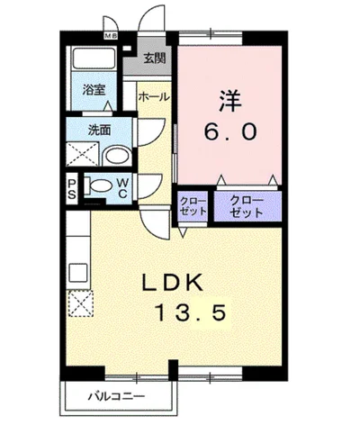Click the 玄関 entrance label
click(155, 59)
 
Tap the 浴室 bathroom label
click(94, 89)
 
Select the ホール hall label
click(154, 97)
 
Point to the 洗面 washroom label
click(99, 130)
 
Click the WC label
click(122, 188)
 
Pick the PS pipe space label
click(72, 189)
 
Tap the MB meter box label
click(111, 36)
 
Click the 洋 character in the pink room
click(230, 101)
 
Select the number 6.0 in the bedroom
click(230, 132)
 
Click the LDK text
click(173, 283)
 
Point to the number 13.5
click(190, 312)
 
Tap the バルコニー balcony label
click(116, 397)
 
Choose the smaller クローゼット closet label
click(193, 206)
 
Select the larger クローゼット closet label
click(247, 207)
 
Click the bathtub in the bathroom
click(94, 59)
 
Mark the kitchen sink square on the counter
click(78, 273)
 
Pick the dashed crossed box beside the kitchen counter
click(81, 303)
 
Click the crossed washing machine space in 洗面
click(82, 154)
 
